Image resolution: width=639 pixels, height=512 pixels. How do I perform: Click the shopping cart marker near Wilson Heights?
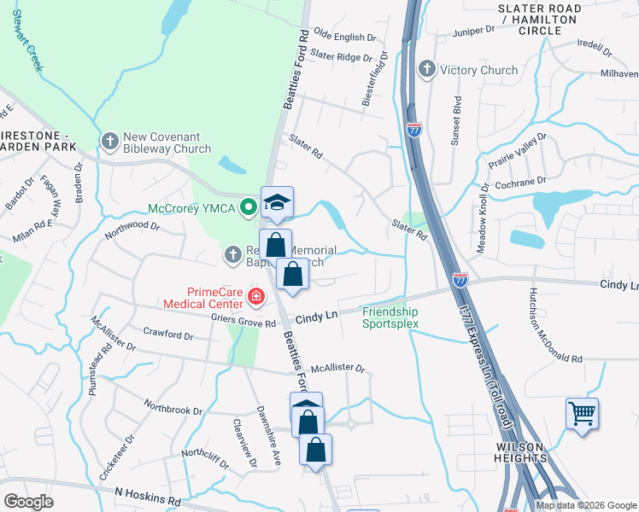pyautogui.click(x=582, y=414)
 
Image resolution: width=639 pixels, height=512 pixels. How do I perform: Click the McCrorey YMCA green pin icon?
pyautogui.click(x=249, y=207)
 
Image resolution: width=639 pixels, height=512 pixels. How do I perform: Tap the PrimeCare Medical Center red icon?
pyautogui.click(x=255, y=297)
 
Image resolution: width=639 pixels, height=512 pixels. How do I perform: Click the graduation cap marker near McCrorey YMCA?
pyautogui.click(x=277, y=202)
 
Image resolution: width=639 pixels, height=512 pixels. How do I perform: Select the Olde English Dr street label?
pyautogui.click(x=345, y=38)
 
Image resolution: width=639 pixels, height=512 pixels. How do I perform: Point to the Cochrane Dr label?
pyautogui.click(x=519, y=182)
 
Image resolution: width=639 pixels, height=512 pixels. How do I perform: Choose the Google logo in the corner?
pyautogui.click(x=29, y=501)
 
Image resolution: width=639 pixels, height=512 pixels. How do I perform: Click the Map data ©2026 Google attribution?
pyautogui.click(x=586, y=505)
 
